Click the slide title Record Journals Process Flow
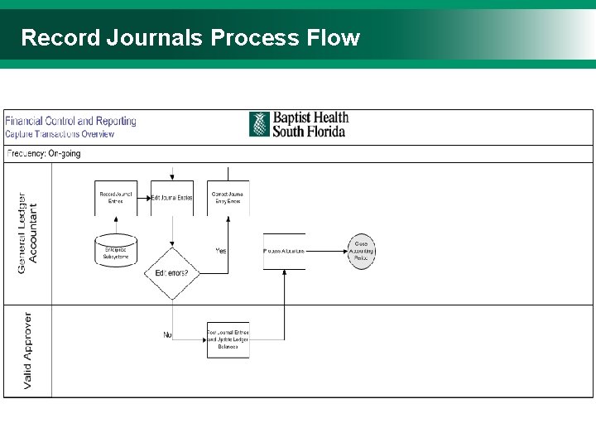(x=190, y=38)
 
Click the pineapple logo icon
(x=259, y=124)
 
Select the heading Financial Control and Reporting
(x=71, y=121)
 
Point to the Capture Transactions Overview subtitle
(x=60, y=134)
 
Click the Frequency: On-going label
(x=44, y=154)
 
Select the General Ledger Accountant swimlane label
(x=28, y=229)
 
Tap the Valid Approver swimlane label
(x=28, y=350)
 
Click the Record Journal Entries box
(x=116, y=198)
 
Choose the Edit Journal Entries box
(x=171, y=198)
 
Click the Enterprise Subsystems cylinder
(x=116, y=252)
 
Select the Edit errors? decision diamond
(x=171, y=273)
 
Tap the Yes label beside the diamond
(x=221, y=251)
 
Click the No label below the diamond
(x=168, y=334)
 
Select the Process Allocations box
(x=284, y=251)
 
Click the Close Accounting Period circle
(x=361, y=251)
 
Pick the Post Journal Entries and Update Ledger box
(x=228, y=339)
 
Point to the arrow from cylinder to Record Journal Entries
(x=116, y=225)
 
